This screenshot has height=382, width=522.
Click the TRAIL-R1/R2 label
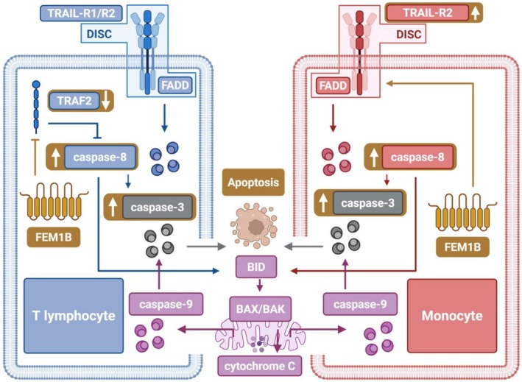[x=81, y=13]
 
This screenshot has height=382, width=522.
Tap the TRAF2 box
[x=74, y=101]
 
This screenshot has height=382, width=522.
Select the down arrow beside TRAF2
[x=106, y=101]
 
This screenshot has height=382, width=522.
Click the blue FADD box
[x=175, y=85]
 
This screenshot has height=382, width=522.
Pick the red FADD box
[x=333, y=85]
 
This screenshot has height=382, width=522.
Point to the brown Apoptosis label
[x=253, y=183]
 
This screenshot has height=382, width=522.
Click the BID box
[x=256, y=267]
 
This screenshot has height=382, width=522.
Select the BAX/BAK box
[x=261, y=309]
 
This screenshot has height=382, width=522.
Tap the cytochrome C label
[x=260, y=367]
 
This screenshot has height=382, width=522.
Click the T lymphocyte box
[x=74, y=316]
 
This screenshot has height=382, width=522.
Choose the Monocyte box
[x=452, y=316]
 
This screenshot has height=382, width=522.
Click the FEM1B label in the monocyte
[x=463, y=247]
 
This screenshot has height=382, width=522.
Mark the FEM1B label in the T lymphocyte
[x=54, y=237]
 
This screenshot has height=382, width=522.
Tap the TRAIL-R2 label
[x=428, y=13]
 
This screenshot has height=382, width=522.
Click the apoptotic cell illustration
[x=254, y=226]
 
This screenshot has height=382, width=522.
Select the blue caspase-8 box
[x=100, y=157]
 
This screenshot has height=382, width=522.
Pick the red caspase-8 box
[x=417, y=157]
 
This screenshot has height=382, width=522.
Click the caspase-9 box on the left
[x=166, y=304]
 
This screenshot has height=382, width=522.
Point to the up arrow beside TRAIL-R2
[x=476, y=13]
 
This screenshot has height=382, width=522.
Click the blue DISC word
[x=99, y=34]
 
